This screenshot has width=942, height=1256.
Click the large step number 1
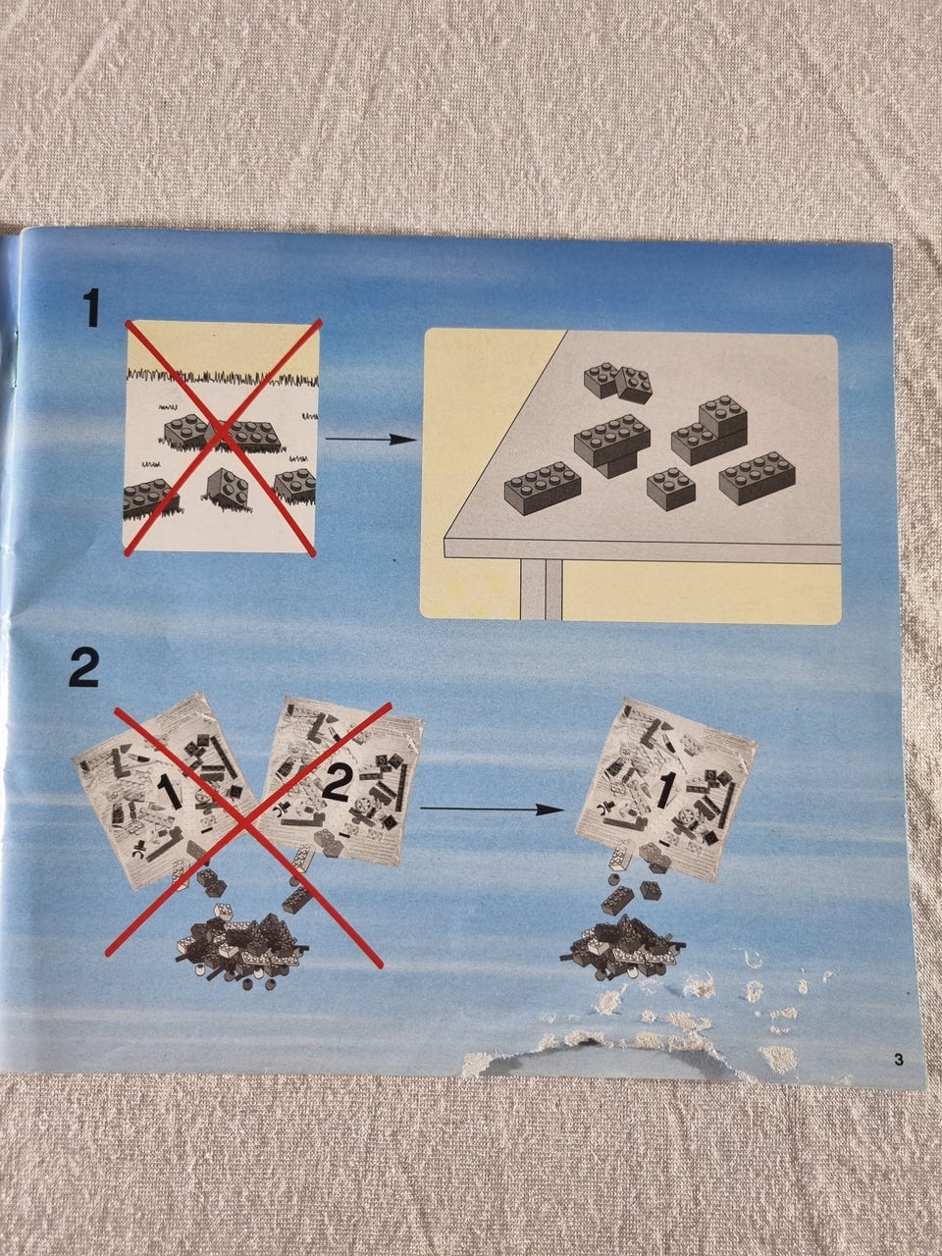click(91, 308)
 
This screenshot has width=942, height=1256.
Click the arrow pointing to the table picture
click(371, 440)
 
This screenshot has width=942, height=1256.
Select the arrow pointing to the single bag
click(492, 810)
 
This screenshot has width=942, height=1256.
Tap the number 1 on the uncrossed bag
click(664, 790)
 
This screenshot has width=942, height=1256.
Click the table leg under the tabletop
click(541, 589)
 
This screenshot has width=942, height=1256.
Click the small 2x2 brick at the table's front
click(671, 488)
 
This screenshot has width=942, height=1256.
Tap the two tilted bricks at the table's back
click(618, 383)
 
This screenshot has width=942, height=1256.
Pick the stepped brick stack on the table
click(709, 429)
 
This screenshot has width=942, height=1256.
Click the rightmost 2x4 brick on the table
click(758, 477)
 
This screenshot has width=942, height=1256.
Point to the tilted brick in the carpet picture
click(228, 489)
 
